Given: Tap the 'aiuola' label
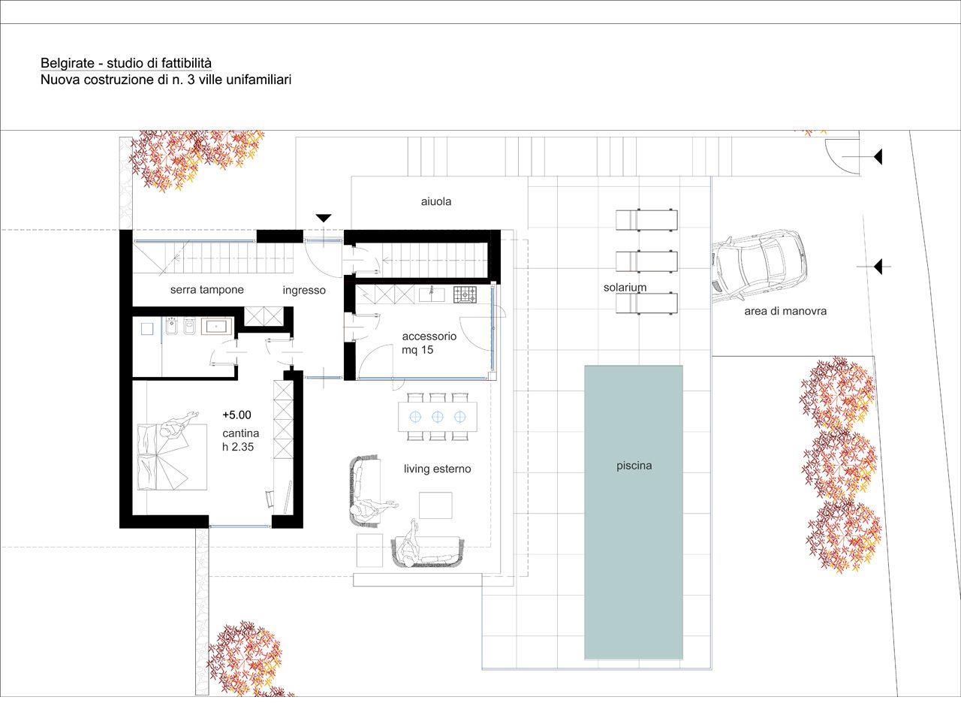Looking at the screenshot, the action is [436, 201].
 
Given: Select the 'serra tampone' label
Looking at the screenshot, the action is [207, 290].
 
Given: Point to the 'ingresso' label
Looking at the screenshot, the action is [304, 290].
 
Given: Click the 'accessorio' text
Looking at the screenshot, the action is [429, 336].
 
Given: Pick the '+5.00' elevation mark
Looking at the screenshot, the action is [236, 415].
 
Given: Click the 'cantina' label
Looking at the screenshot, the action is [241, 433].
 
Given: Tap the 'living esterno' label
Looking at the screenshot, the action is [438, 469].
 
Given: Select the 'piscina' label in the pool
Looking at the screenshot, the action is [634, 466].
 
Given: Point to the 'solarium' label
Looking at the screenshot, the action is [625, 288].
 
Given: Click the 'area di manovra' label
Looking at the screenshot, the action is [785, 311].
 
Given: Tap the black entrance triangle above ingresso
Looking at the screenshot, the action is [324, 218].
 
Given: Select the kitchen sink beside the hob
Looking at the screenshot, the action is [432, 294].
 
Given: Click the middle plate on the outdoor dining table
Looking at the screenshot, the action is [438, 417].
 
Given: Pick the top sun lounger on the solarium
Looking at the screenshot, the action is [646, 220].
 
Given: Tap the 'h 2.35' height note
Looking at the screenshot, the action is [238, 447].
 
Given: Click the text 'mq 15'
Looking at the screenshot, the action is [417, 350].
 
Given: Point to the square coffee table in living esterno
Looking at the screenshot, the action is [435, 505].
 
